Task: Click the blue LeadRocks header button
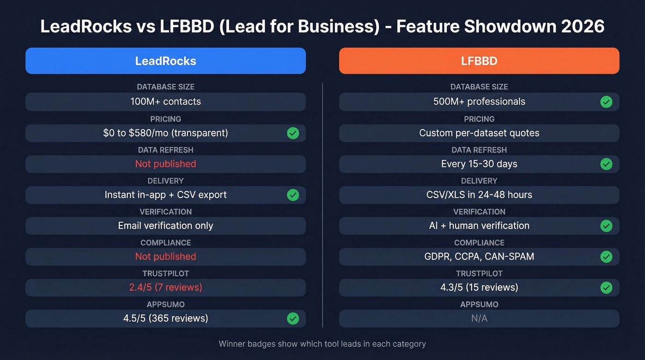[x=165, y=61]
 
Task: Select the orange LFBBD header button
[x=479, y=61]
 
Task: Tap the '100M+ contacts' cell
[x=165, y=102]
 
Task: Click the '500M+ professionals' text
[x=479, y=102]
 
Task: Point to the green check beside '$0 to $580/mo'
[x=293, y=133]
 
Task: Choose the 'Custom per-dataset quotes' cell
[x=479, y=133]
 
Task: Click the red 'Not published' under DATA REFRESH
[x=165, y=164]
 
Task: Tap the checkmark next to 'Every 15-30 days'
[x=606, y=164]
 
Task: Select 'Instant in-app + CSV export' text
[x=165, y=195]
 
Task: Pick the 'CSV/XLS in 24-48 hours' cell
[x=479, y=195]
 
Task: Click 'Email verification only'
[x=165, y=226]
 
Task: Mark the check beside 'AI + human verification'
[x=606, y=226]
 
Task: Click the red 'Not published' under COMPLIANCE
[x=165, y=257]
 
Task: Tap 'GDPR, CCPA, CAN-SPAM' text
[x=479, y=257]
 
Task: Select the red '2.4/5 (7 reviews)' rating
[x=165, y=288]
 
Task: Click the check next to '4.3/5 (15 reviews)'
[x=606, y=288]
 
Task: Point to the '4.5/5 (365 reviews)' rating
[x=165, y=319]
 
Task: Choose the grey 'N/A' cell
[x=479, y=319]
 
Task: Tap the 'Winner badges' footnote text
[x=322, y=344]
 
